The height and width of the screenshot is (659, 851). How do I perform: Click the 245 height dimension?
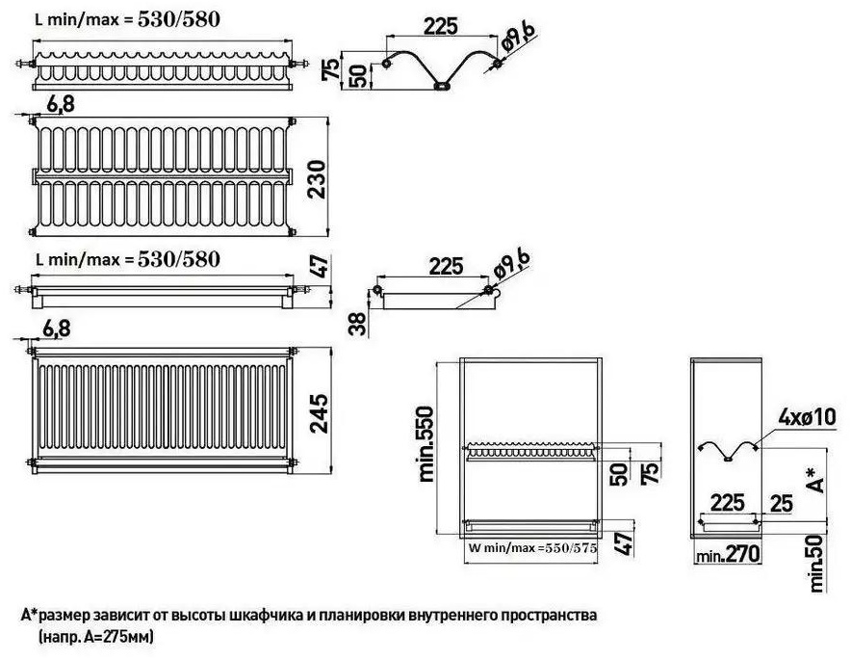click(320, 413)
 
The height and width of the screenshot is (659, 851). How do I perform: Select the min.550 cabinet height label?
click(426, 443)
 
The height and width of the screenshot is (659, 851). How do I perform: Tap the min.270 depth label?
click(727, 555)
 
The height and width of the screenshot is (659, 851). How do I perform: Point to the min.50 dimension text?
click(816, 563)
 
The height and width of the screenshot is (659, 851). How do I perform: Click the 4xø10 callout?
click(807, 417)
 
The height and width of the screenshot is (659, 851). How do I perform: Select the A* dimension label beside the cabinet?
click(815, 480)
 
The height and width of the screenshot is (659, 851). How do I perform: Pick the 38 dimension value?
click(359, 323)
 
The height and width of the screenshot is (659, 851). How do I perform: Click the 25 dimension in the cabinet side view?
click(781, 504)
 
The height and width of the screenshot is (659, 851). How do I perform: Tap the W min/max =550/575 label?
click(532, 548)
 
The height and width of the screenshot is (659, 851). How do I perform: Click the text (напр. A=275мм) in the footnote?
click(96, 636)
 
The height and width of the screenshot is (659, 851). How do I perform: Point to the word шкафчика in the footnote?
click(262, 616)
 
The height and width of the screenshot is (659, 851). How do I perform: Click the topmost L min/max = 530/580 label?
click(127, 20)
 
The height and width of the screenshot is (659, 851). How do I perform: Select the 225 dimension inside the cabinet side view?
click(727, 503)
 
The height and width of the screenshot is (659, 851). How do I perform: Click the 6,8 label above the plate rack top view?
click(61, 104)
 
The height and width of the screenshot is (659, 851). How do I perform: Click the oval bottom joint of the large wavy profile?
click(442, 86)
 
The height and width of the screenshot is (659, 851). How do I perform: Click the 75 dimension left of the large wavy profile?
click(330, 69)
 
